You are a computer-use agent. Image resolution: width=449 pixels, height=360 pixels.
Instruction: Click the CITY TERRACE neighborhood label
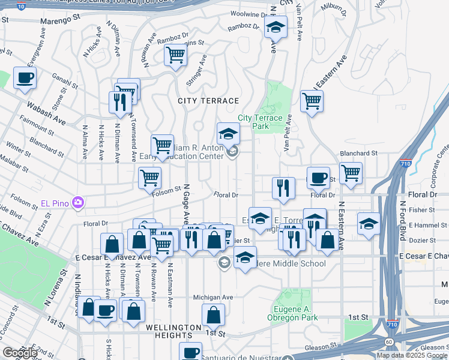point(208,101)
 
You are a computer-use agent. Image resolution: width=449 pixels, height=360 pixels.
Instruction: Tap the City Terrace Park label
point(260,122)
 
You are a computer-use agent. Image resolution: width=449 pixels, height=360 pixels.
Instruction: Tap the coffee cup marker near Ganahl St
point(25,78)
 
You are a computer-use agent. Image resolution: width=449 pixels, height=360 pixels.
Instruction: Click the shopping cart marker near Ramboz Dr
point(175,55)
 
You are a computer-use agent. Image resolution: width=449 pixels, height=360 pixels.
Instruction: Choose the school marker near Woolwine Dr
point(276,28)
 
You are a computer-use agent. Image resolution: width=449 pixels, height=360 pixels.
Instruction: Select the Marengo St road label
point(60,20)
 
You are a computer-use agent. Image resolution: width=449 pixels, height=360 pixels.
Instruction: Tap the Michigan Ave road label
point(212,297)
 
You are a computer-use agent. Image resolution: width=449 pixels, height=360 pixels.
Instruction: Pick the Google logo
point(20,352)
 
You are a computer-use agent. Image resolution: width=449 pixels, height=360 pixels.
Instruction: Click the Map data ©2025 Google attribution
point(412,355)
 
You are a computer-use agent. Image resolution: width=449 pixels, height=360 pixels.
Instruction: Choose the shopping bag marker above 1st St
point(214,314)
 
